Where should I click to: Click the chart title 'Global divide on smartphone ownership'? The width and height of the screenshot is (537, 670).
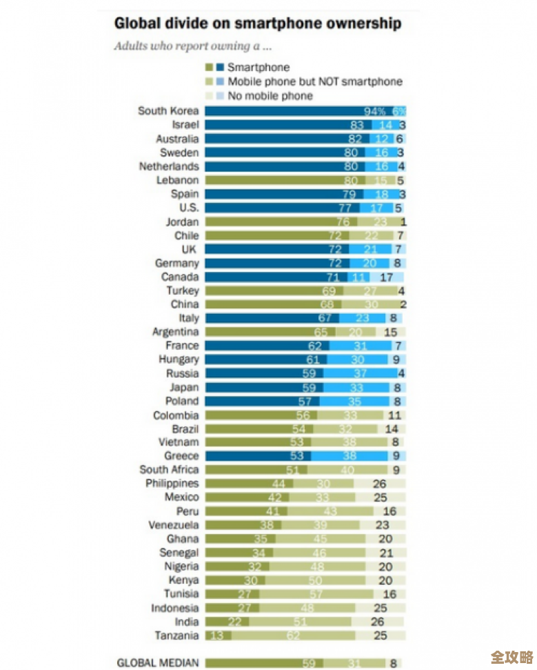coord(257,23)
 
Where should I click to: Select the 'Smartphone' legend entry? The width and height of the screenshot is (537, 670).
coord(259,68)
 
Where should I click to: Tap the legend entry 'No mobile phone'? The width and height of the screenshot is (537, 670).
coord(270,96)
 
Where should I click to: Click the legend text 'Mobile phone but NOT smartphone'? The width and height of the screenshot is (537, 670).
coord(314,81)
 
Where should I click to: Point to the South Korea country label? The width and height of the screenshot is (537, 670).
coord(168,111)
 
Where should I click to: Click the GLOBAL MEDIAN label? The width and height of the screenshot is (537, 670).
coord(157,662)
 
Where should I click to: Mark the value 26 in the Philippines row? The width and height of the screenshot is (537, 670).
coord(379,484)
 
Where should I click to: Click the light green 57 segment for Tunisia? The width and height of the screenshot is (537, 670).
coord(316,594)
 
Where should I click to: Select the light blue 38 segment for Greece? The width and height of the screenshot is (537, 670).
coord(350,456)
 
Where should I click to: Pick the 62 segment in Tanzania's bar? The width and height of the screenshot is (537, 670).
coord(293,635)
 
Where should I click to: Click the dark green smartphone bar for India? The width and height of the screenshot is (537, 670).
coord(227,622)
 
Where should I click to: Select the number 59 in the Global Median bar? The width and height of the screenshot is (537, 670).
coord(309,662)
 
